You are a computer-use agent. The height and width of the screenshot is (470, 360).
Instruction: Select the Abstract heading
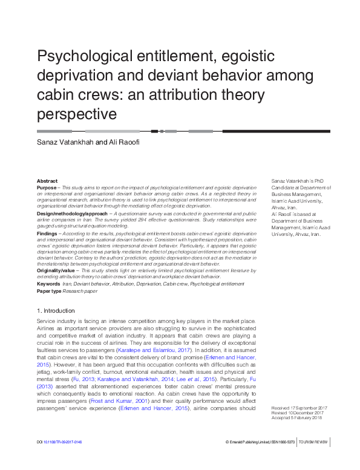(47, 181)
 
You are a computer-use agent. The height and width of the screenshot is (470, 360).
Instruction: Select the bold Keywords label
(48, 283)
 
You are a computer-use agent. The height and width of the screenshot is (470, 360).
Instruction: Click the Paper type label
(50, 290)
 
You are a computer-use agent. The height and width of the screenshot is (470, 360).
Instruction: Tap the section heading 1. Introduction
(56, 310)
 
